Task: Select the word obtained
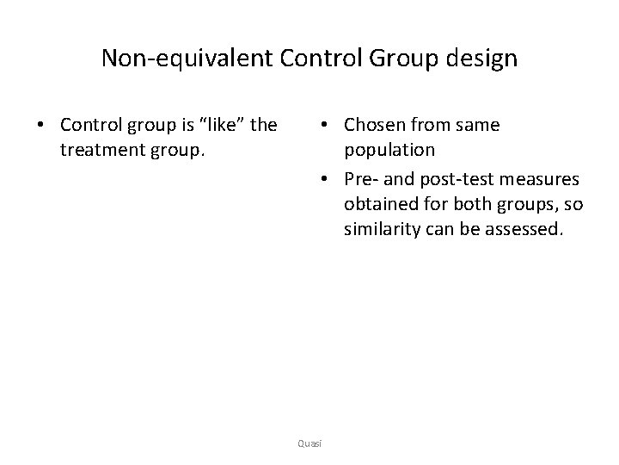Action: [381, 205]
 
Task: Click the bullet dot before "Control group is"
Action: [40, 126]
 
